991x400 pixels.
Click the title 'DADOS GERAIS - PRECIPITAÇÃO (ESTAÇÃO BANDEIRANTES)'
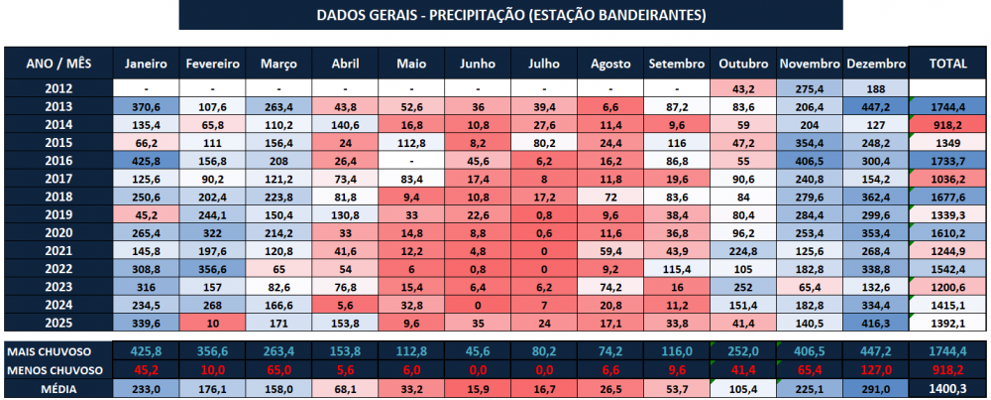pos(511,15)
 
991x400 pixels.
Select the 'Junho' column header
pos(478,64)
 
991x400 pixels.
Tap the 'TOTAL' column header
pos(947,64)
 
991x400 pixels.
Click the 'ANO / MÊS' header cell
pos(58,64)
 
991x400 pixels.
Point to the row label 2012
pos(58,88)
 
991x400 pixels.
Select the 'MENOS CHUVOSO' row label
pos(54,369)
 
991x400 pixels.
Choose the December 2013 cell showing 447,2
pos(876,106)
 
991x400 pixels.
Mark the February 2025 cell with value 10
pos(213,324)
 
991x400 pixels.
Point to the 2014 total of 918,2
pos(947,124)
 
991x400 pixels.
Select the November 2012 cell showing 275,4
pos(810,88)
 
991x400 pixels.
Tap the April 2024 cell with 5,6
pos(345,306)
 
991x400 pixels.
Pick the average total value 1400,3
pos(947,387)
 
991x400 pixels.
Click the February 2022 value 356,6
pos(213,270)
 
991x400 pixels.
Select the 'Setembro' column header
pos(677,64)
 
